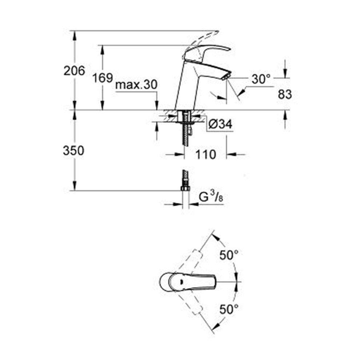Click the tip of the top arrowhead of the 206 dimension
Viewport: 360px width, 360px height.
point(74,31)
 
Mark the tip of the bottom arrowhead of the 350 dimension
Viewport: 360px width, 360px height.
point(74,190)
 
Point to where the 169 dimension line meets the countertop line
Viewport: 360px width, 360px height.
point(103,110)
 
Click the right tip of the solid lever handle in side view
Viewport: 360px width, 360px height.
point(230,49)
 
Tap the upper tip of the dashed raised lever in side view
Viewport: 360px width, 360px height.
point(218,31)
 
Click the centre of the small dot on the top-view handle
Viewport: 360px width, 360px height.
point(181,281)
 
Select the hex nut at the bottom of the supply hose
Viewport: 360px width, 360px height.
point(185,188)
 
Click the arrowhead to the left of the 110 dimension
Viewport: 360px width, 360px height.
point(180,155)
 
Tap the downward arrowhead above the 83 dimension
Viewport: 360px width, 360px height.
point(285,73)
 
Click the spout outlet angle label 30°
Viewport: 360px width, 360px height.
point(261,79)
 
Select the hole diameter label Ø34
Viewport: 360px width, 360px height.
point(221,124)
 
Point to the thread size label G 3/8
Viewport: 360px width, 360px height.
point(211,197)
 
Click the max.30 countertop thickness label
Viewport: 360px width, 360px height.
point(136,85)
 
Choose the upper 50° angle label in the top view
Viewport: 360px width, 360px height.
point(229,255)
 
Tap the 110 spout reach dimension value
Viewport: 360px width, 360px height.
point(206,155)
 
